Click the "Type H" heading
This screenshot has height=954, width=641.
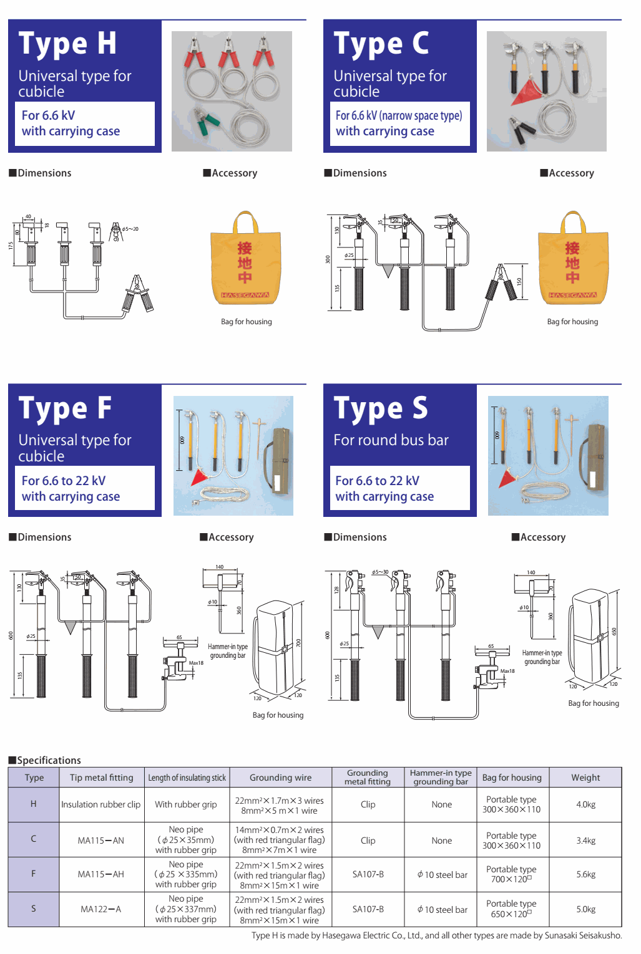(68, 44)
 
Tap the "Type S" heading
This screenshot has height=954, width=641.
(381, 409)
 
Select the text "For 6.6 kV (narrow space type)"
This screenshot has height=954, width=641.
(399, 115)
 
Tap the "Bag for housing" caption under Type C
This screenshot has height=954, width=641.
(572, 322)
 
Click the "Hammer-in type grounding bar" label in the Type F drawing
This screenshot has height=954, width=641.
(228, 651)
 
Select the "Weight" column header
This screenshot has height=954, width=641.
(585, 778)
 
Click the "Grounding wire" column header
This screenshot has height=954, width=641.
(280, 778)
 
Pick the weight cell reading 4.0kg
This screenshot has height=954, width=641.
(585, 804)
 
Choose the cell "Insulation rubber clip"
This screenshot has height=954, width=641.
(101, 804)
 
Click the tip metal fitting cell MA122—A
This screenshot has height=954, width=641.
(101, 909)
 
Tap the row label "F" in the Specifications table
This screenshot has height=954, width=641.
(34, 874)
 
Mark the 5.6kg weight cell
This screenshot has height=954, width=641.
(585, 874)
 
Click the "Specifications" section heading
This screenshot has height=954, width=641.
(46, 760)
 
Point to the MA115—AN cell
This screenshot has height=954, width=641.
(101, 841)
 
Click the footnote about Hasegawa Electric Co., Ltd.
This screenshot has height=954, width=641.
(436, 935)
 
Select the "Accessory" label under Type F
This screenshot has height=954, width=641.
(227, 537)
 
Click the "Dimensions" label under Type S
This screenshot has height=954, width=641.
(356, 537)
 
